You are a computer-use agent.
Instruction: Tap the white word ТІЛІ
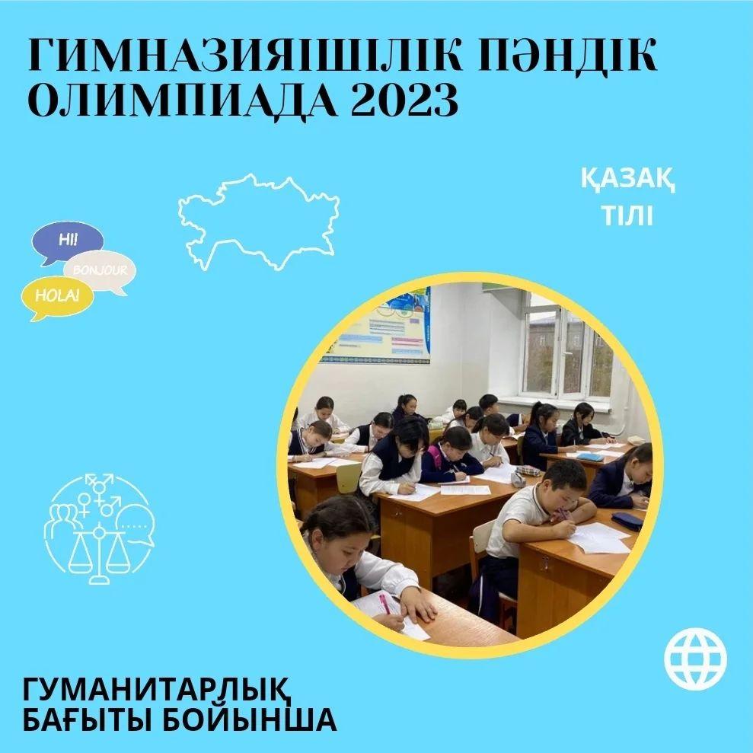point(627,215)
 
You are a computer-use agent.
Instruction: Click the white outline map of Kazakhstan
point(259,222)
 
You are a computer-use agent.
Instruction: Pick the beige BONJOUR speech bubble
point(101,271)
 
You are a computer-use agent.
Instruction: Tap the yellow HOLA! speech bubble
point(57,297)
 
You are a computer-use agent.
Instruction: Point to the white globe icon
point(695,659)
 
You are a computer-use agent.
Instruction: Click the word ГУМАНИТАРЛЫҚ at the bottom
point(157,690)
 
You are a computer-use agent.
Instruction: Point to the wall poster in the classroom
point(376,326)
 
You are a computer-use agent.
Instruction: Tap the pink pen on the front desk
point(385,603)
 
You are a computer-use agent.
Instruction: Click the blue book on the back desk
point(590,457)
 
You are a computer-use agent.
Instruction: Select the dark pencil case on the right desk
point(627,521)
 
